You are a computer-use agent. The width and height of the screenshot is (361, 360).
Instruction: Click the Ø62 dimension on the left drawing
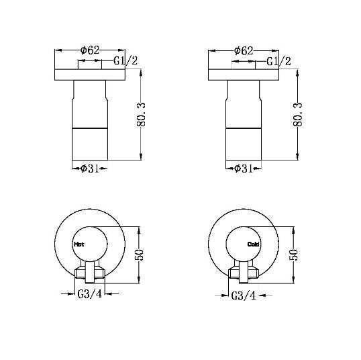coord(90,50)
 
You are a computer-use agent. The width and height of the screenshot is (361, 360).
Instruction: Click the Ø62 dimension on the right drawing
coord(243,50)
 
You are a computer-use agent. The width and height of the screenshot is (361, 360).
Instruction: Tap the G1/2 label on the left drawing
coord(126,61)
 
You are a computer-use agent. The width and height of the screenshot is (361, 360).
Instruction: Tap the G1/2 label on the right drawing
coord(279,61)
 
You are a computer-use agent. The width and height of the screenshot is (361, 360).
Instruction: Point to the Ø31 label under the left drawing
coord(90,169)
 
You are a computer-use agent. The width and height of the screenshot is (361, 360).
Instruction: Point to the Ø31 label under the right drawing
coord(244,169)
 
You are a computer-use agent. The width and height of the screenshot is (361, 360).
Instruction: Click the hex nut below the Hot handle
coord(90,273)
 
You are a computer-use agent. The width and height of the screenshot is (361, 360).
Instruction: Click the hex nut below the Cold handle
coord(244,273)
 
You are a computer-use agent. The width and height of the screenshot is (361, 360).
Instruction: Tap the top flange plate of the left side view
coord(90,74)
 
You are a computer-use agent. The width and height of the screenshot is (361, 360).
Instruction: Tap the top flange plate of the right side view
coord(243,74)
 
